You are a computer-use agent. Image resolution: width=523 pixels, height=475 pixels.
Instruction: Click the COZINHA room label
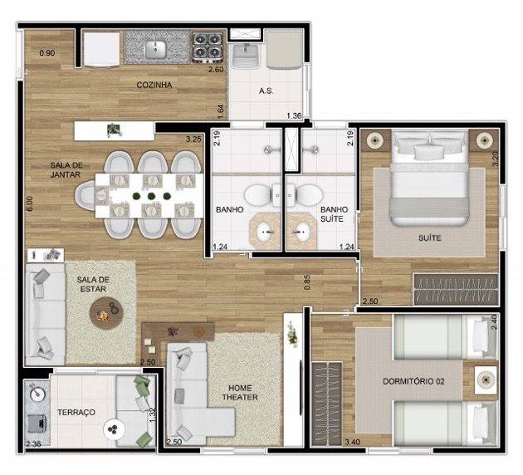(x=154, y=85)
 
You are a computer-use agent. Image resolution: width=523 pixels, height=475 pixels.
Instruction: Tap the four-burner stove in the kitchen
(x=204, y=47)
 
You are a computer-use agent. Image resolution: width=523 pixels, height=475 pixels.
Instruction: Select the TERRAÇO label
(x=75, y=412)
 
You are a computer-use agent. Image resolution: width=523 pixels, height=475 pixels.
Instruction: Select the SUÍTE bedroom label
(x=430, y=237)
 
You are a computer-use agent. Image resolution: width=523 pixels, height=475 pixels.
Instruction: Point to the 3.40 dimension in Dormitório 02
(x=330, y=442)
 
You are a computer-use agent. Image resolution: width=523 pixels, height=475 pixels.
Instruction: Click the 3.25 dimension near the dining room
(x=193, y=139)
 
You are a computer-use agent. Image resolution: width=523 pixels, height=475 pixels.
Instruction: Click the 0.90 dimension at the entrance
(x=47, y=54)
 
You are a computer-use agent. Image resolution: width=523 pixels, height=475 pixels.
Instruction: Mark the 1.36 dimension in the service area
(x=294, y=115)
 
